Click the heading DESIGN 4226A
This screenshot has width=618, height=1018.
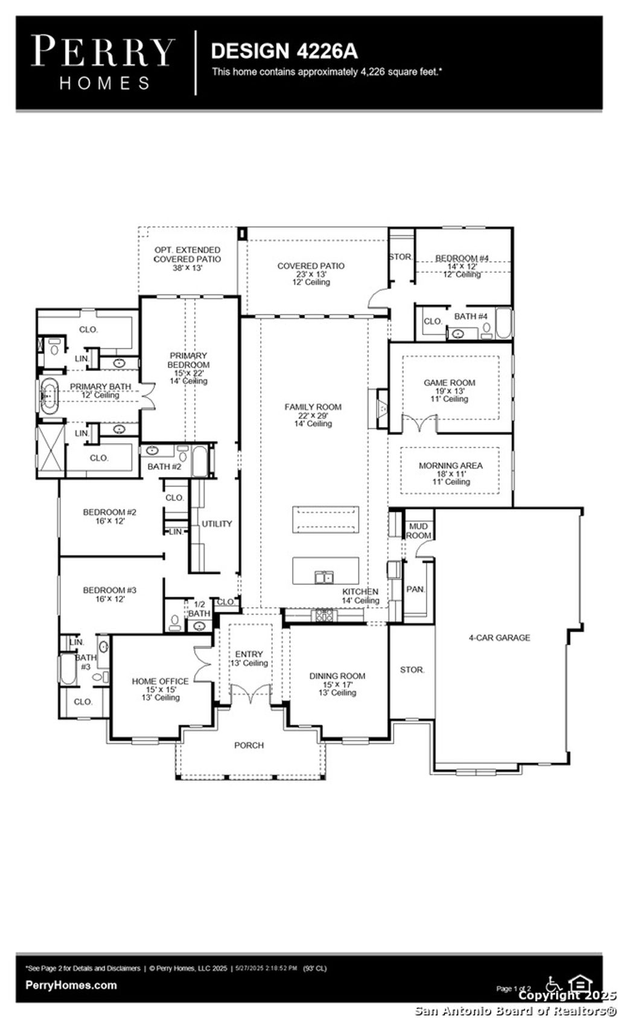(x=284, y=51)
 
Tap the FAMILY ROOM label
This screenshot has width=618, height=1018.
(x=313, y=408)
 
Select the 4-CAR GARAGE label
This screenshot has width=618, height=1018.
(x=499, y=638)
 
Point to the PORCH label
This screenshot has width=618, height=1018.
(x=249, y=746)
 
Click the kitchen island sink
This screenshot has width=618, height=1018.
(x=323, y=578)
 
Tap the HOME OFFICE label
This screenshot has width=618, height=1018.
(x=160, y=681)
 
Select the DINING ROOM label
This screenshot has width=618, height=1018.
(x=337, y=676)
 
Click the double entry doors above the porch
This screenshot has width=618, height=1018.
(x=249, y=694)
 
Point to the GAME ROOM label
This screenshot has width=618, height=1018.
(x=449, y=383)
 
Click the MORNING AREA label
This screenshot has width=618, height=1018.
(x=450, y=466)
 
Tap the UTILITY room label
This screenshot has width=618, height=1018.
(x=216, y=524)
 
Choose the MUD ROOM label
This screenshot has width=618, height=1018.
(x=418, y=531)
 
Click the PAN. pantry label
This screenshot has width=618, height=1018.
(x=415, y=589)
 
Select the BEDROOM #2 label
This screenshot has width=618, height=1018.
(x=109, y=513)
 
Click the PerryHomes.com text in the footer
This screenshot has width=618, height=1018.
(x=71, y=985)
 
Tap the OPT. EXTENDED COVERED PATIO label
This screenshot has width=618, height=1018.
(x=187, y=255)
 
